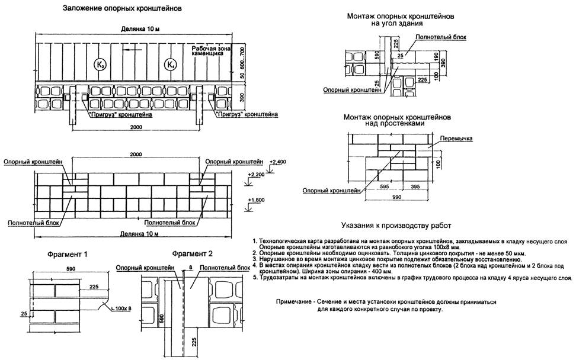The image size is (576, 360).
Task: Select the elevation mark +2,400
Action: coord(277,160)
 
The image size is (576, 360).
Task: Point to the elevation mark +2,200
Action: coord(257,175)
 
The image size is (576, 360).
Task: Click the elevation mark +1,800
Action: coord(257,200)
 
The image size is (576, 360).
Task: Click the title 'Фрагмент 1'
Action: coord(68,255)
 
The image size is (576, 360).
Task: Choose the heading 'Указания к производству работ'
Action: coord(396,226)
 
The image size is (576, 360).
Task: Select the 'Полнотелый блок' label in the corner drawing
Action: coord(441,37)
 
